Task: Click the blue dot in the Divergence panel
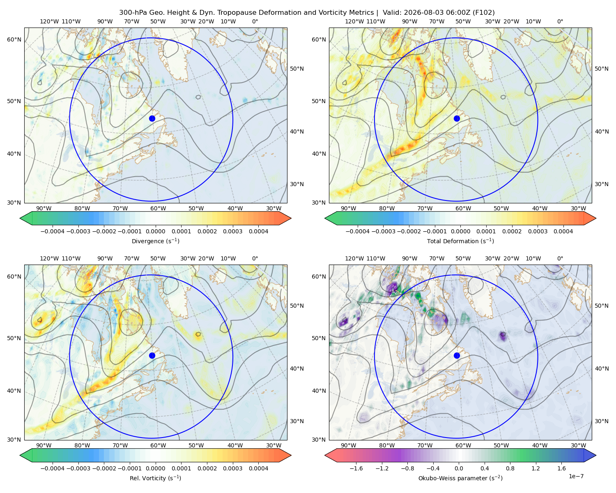pyautogui.click(x=152, y=119)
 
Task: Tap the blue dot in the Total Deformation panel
pyautogui.click(x=457, y=119)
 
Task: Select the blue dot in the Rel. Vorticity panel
pyautogui.click(x=152, y=355)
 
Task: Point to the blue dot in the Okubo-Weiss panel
pyautogui.click(x=457, y=355)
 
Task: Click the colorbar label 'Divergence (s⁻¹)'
pyautogui.click(x=155, y=241)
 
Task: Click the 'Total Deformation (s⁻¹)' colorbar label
pyautogui.click(x=460, y=241)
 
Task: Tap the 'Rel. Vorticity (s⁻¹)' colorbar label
pyautogui.click(x=155, y=478)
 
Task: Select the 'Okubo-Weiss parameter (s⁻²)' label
pyautogui.click(x=460, y=478)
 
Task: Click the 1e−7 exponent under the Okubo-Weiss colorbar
pyautogui.click(x=576, y=476)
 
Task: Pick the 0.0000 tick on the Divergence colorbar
pyautogui.click(x=155, y=231)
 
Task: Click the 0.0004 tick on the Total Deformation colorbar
pyautogui.click(x=563, y=231)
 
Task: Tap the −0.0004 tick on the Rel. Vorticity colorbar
pyautogui.click(x=53, y=468)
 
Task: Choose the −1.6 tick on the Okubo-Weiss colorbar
pyautogui.click(x=356, y=468)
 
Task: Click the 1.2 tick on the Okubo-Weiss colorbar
pyautogui.click(x=536, y=468)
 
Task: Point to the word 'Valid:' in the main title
pyautogui.click(x=392, y=13)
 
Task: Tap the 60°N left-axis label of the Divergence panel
pyautogui.click(x=14, y=39)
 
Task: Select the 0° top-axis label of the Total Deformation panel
pyautogui.click(x=560, y=21)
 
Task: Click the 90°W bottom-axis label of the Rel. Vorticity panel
pyautogui.click(x=44, y=445)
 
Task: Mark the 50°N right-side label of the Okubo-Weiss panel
pyautogui.click(x=602, y=306)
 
